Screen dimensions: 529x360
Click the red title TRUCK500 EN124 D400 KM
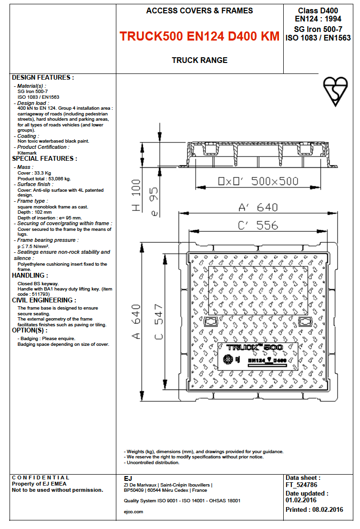(199, 37)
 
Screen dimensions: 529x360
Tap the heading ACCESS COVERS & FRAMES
(199, 10)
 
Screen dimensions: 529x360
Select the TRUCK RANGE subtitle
(199, 60)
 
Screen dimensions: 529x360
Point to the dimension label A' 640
(258, 207)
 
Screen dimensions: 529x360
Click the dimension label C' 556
(258, 225)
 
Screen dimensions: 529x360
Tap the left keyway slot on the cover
(210, 322)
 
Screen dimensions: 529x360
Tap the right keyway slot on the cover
(304, 322)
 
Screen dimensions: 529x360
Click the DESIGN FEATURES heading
(43, 77)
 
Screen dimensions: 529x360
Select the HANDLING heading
(30, 275)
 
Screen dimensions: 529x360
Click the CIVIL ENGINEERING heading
(44, 300)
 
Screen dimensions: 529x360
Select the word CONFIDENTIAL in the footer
(41, 477)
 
